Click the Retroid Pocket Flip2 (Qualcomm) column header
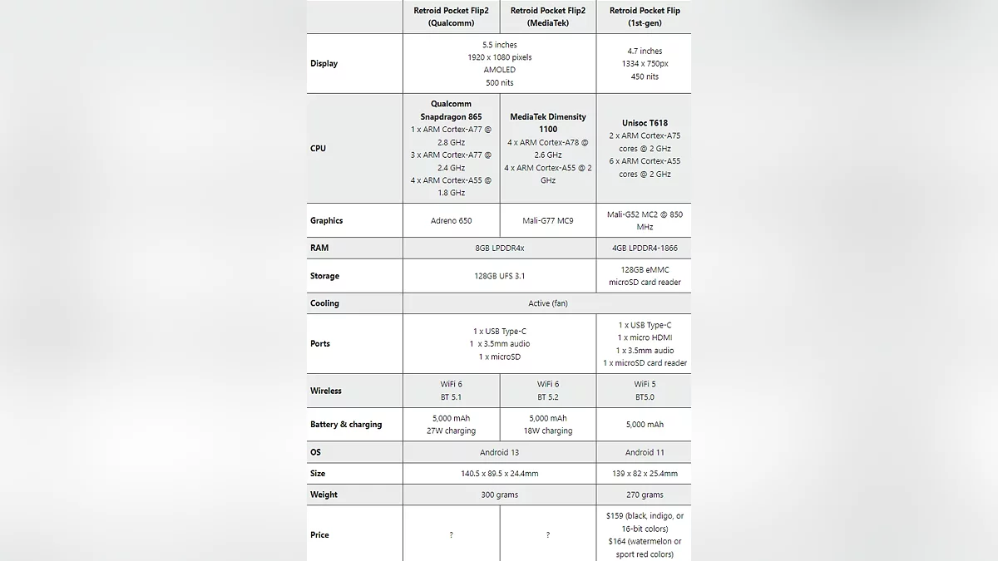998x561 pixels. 451,17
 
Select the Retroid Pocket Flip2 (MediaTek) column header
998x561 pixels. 548,17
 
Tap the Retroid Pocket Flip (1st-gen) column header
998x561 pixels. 644,17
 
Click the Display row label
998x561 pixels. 324,63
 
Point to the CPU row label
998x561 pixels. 319,148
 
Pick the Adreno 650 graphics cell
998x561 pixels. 451,220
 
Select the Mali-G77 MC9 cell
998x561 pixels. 548,220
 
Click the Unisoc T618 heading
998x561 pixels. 644,123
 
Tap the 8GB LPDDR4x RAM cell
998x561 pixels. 499,248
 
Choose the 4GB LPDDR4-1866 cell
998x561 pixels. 644,248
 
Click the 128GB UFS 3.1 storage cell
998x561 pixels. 499,276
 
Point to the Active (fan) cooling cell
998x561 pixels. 547,303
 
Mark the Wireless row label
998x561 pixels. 326,391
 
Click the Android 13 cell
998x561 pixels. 499,452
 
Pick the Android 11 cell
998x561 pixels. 644,452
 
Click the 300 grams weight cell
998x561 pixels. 499,495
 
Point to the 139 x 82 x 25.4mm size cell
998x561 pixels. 644,474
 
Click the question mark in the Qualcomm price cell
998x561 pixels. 451,535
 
